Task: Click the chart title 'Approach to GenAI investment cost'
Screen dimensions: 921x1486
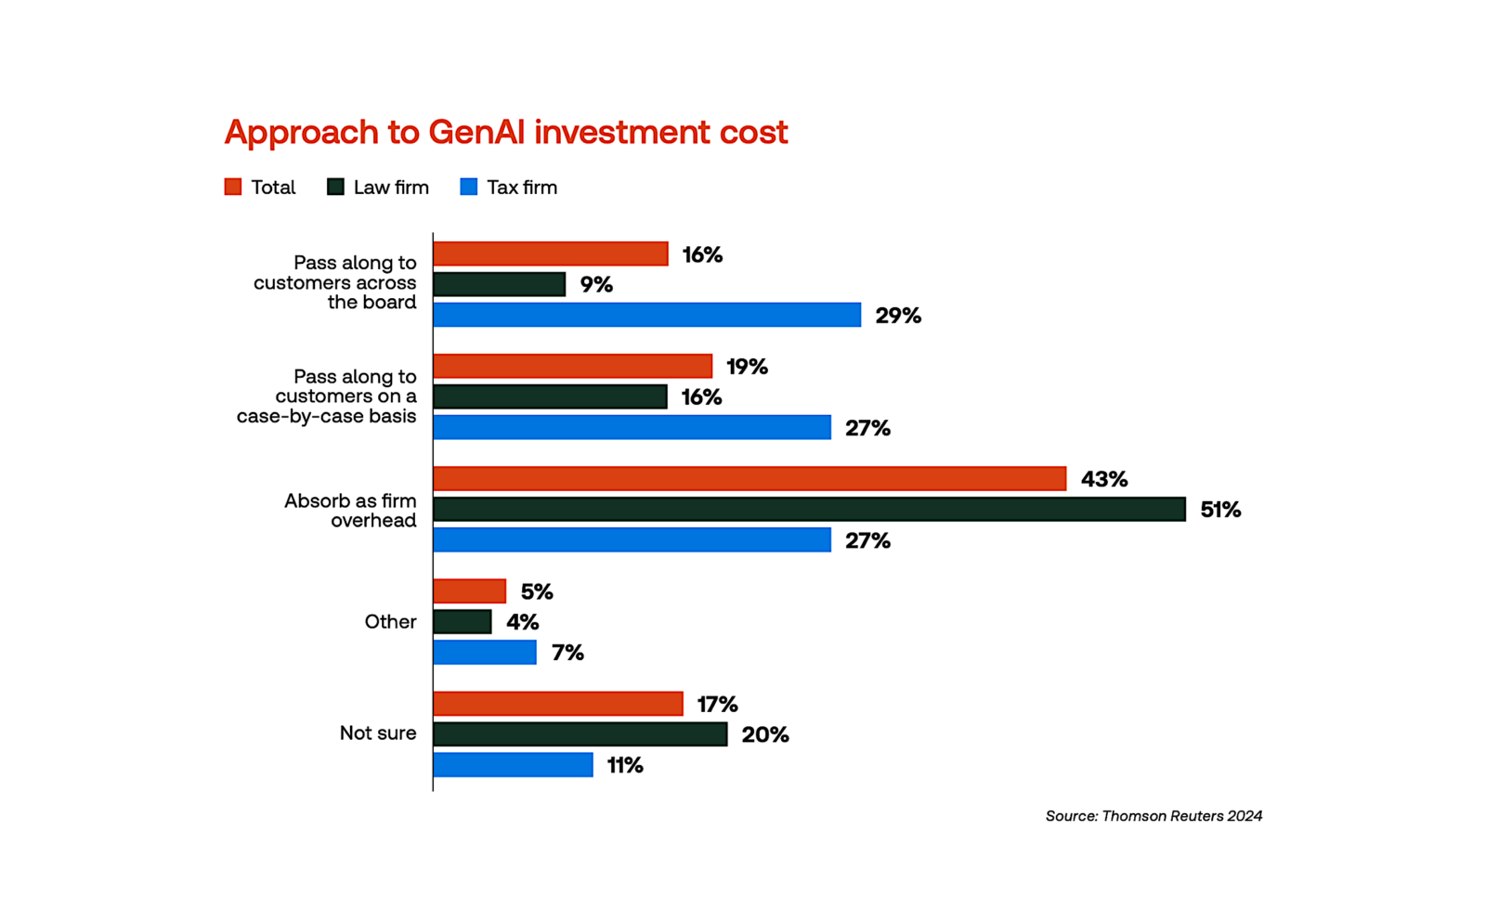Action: pyautogui.click(x=505, y=132)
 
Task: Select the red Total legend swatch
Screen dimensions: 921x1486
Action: pyautogui.click(x=233, y=187)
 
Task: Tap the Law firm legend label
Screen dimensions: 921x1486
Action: pyautogui.click(x=390, y=188)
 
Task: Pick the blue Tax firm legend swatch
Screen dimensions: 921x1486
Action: pyautogui.click(x=469, y=187)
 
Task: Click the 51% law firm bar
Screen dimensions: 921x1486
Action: pyautogui.click(x=809, y=509)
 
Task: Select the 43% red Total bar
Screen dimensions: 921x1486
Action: pyautogui.click(x=749, y=479)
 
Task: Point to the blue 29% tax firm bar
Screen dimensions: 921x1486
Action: pyautogui.click(x=646, y=315)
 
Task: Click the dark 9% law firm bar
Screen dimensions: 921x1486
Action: pyautogui.click(x=499, y=284)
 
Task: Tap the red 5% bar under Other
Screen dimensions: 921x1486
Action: pyautogui.click(x=469, y=591)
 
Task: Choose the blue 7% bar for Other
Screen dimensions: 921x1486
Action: pyautogui.click(x=484, y=653)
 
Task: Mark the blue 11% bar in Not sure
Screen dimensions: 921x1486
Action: pyautogui.click(x=513, y=765)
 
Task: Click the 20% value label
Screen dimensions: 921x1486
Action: pyautogui.click(x=765, y=735)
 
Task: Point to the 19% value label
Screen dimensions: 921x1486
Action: pyautogui.click(x=747, y=367)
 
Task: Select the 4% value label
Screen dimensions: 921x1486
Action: pyautogui.click(x=522, y=622)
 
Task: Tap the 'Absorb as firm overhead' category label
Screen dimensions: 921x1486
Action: pyautogui.click(x=350, y=511)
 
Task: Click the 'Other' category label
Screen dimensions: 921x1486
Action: pyautogui.click(x=390, y=622)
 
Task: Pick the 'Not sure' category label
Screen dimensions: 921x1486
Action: pyautogui.click(x=377, y=733)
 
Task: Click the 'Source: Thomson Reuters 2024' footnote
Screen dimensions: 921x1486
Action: pyautogui.click(x=1154, y=816)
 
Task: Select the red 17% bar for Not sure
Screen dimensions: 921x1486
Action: pyautogui.click(x=557, y=704)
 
